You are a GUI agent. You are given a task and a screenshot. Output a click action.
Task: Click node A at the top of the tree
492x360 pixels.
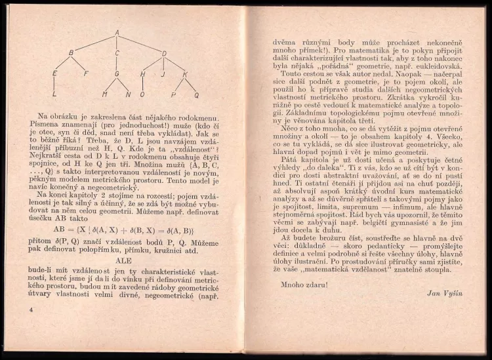(x=117, y=32)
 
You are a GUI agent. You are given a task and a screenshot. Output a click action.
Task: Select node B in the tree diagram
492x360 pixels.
(x=72, y=52)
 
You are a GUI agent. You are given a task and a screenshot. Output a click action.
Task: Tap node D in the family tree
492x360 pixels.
(x=164, y=54)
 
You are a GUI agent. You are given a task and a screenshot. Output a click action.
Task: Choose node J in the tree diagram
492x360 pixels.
(x=162, y=74)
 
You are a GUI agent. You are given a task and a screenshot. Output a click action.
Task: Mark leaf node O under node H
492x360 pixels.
(x=142, y=94)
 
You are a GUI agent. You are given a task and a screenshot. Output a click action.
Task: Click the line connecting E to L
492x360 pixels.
(x=54, y=84)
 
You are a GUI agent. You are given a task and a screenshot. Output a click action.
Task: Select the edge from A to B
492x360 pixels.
(x=94, y=42)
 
